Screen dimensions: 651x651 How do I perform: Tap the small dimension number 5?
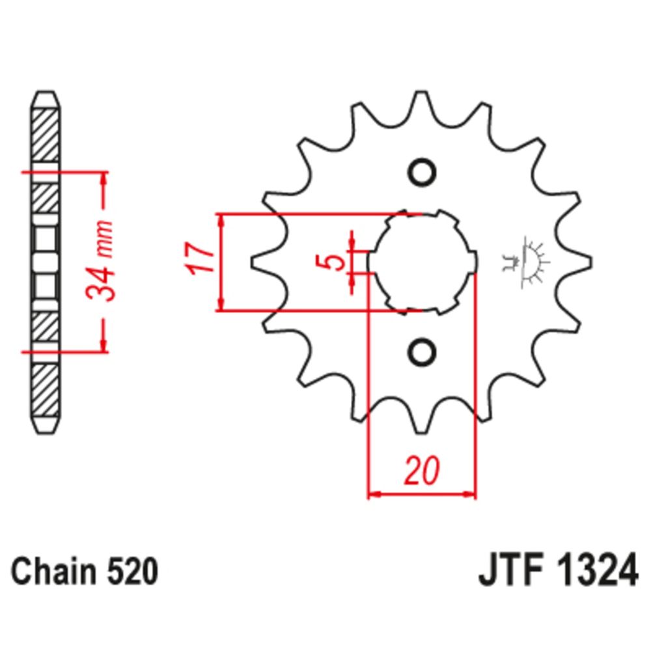pyautogui.click(x=335, y=262)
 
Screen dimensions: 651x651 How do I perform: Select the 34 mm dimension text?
pyautogui.click(x=103, y=260)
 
